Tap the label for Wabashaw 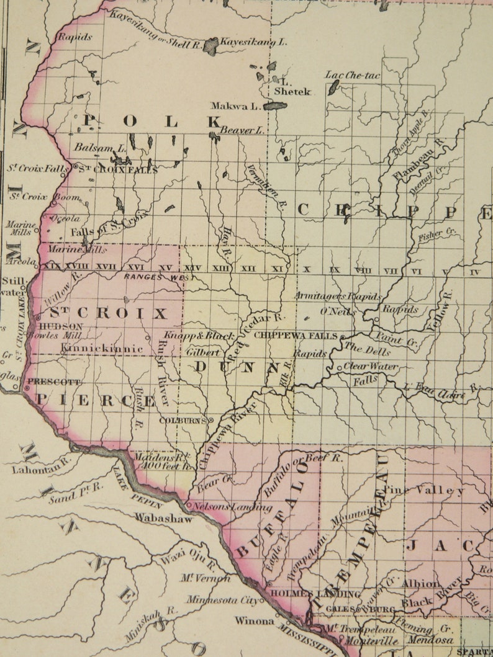pos(164,518)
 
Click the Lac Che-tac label pos(353,75)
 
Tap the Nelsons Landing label pos(232,507)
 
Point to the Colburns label pos(183,420)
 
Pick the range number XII pos(248,268)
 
